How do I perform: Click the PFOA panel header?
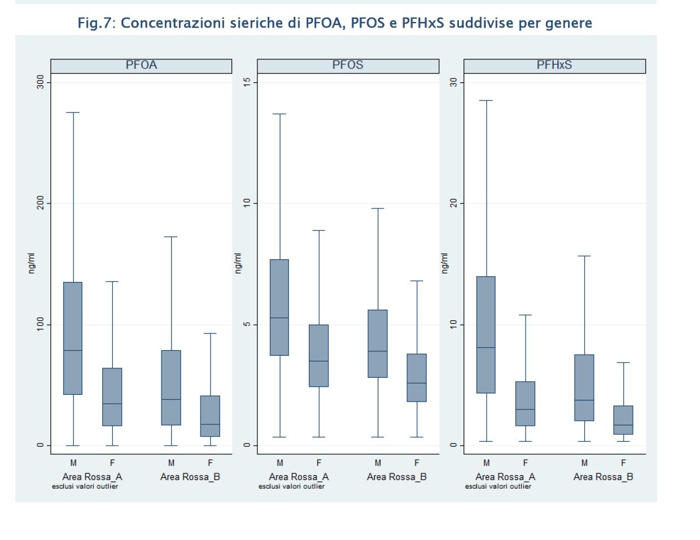click(141, 66)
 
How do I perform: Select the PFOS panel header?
click(348, 66)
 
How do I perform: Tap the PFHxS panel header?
click(554, 66)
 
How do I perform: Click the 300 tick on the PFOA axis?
click(40, 82)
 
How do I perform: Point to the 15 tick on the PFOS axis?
click(247, 82)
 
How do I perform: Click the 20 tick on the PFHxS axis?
click(453, 203)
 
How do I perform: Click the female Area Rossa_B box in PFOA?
click(210, 416)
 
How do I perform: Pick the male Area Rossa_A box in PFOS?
click(279, 307)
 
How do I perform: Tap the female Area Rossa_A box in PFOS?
click(319, 355)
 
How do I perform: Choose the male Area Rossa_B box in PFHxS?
click(584, 387)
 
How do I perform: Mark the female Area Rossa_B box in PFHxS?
click(623, 420)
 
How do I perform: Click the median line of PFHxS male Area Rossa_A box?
click(486, 347)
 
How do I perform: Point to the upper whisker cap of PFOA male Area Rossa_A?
click(73, 112)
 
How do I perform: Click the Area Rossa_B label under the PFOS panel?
click(396, 477)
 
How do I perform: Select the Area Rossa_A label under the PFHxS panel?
click(505, 477)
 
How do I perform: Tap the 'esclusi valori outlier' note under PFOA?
click(85, 486)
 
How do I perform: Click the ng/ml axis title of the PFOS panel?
click(238, 263)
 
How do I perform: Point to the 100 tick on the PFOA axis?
click(40, 324)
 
